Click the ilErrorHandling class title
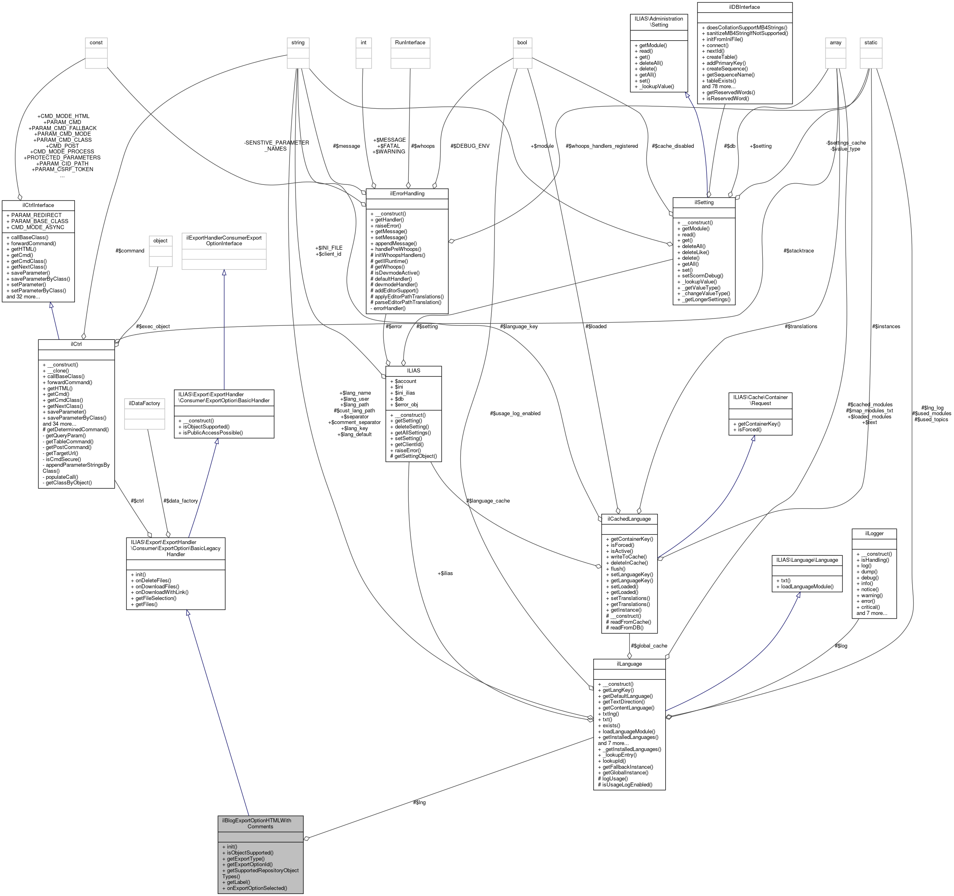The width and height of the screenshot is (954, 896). coord(407,193)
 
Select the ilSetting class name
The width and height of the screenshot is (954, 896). coord(704,203)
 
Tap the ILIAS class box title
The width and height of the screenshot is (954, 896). coord(413,370)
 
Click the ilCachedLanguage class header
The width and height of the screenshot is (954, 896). coord(629,519)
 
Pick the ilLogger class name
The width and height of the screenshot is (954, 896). coord(874,533)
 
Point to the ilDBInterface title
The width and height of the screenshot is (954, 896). coord(744,7)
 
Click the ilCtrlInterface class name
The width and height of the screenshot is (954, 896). coord(38,205)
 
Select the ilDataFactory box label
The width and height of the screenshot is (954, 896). coord(145,403)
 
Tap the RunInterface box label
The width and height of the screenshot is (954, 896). coord(410,42)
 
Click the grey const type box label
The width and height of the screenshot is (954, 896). coord(96,42)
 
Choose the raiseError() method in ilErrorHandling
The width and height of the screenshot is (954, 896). coord(388,226)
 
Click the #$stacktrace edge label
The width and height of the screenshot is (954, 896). coord(799,250)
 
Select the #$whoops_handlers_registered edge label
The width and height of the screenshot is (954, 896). coord(602,146)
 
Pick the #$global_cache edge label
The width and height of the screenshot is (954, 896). coord(649,646)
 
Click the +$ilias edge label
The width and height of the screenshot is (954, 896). coord(445,573)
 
